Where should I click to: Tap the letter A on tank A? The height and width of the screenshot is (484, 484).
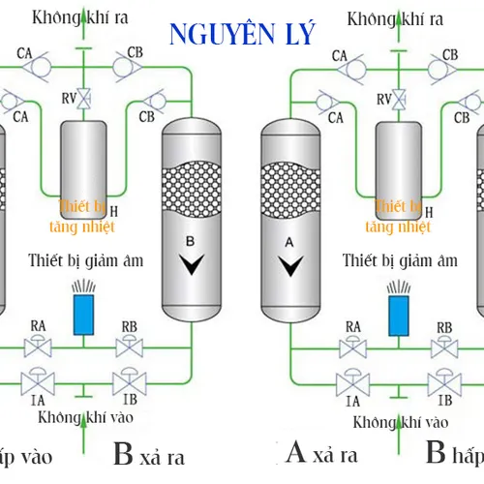point(288,236)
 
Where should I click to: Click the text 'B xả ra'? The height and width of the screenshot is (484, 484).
point(148,454)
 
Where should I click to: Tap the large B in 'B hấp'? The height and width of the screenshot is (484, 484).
point(437,453)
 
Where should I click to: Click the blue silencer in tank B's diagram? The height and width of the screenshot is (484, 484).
point(84,316)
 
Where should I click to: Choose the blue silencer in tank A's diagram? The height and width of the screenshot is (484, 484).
point(397,316)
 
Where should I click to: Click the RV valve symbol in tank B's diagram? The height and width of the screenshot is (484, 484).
point(84,100)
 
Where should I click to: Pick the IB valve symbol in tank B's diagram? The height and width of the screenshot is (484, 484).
point(126,380)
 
